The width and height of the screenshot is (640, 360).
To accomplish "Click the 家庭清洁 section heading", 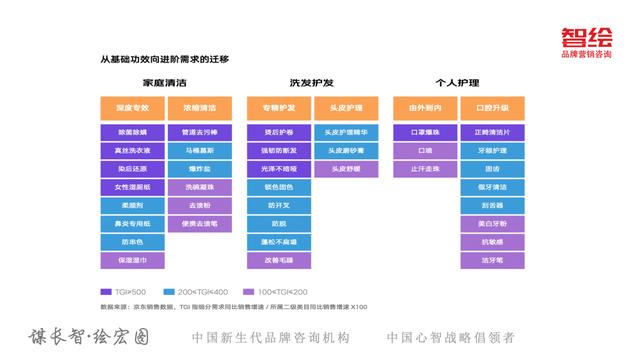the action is (x=164, y=80).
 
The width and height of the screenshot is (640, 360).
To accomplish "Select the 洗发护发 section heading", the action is (x=312, y=80).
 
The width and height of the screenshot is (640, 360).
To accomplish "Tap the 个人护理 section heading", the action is (x=459, y=80).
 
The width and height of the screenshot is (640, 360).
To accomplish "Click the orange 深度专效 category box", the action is (x=131, y=107).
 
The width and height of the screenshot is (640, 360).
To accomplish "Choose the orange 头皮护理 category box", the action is (x=346, y=107).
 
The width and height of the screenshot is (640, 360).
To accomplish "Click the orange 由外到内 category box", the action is (x=425, y=107).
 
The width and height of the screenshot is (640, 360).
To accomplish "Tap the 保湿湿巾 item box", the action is (x=131, y=260).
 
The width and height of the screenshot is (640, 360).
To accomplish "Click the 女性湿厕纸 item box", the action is (x=131, y=187).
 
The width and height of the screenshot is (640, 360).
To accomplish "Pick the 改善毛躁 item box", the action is (x=278, y=260).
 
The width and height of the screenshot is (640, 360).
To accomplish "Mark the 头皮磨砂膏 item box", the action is (x=346, y=150).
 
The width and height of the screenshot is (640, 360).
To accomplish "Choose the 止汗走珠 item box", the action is (x=425, y=168).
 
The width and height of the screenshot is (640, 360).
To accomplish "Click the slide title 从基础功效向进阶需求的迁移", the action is (x=165, y=59).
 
